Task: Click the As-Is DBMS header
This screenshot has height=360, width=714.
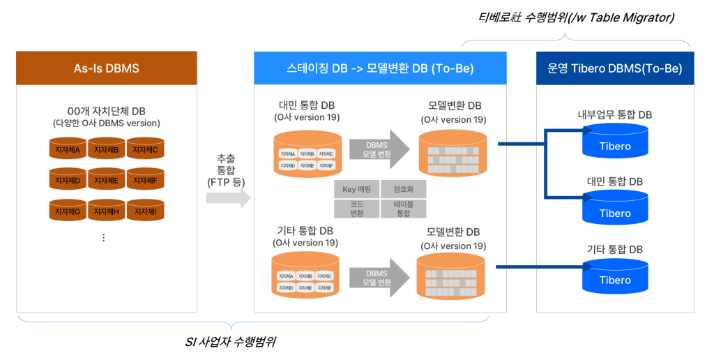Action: [x=106, y=68]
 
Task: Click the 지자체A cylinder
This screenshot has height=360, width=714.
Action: [x=68, y=149]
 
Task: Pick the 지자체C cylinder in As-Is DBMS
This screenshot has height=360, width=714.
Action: [x=145, y=149]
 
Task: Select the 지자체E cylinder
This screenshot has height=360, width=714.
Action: [x=106, y=180]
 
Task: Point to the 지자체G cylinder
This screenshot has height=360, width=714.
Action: [x=68, y=211]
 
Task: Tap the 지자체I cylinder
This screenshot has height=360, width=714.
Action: [x=145, y=211]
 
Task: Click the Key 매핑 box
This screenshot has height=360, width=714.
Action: [x=358, y=189]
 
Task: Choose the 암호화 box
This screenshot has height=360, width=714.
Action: [x=403, y=189]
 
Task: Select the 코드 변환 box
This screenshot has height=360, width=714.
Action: [x=358, y=209]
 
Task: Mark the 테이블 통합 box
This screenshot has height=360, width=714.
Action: [x=403, y=209]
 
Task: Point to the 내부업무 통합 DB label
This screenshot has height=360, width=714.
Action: [x=614, y=115]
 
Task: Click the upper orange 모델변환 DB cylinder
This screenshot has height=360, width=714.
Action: [x=451, y=152]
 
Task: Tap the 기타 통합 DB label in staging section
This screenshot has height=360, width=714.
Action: [x=305, y=231]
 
